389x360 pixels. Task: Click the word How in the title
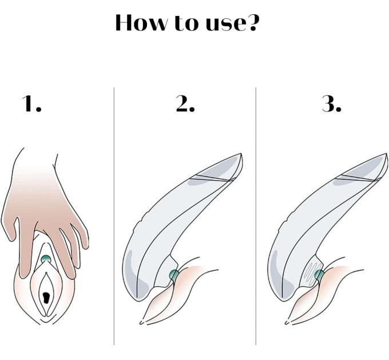pyautogui.click(x=141, y=22)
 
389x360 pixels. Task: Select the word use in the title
pyautogui.click(x=223, y=24)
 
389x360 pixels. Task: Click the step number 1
pyautogui.click(x=31, y=103)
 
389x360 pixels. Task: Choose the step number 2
pyautogui.click(x=185, y=103)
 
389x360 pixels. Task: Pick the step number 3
pyautogui.click(x=332, y=103)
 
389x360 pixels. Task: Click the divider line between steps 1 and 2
pyautogui.click(x=114, y=216)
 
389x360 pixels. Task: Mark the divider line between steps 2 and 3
pyautogui.click(x=256, y=216)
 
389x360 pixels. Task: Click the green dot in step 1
pyautogui.click(x=46, y=259)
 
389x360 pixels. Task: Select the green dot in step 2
pyautogui.click(x=174, y=274)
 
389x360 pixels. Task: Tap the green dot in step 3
pyautogui.click(x=319, y=274)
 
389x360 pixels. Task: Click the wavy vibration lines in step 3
pyautogui.click(x=311, y=274)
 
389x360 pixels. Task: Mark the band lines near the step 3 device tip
pyautogui.click(x=357, y=178)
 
